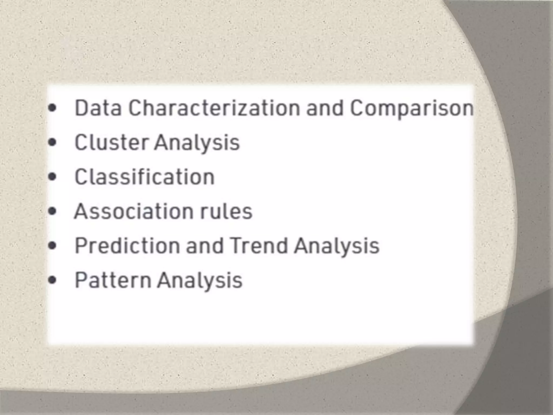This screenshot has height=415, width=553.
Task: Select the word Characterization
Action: pyautogui.click(x=214, y=108)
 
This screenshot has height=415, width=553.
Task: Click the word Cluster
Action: pyautogui.click(x=111, y=142)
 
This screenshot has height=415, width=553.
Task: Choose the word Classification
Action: pyautogui.click(x=144, y=177)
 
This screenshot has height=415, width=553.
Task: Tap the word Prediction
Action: pyautogui.click(x=127, y=246)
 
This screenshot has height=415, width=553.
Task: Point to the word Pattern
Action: pyautogui.click(x=113, y=280)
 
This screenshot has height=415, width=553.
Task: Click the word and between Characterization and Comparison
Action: pyautogui.click(x=325, y=108)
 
